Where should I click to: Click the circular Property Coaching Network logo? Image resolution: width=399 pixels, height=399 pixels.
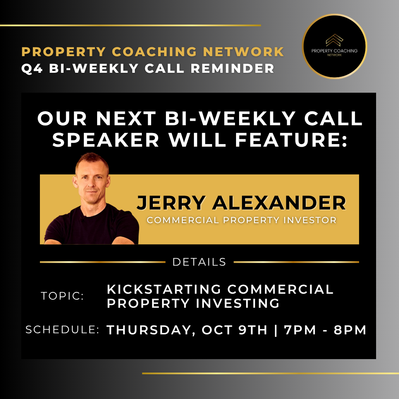click(334, 46)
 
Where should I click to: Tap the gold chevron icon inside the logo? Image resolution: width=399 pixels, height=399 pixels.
click(334, 40)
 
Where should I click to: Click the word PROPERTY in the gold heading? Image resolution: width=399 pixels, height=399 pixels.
click(64, 52)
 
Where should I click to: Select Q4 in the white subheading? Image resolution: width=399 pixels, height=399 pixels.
click(32, 68)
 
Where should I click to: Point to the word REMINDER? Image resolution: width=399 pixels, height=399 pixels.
click(232, 68)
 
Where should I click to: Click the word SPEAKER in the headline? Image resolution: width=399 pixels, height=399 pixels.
click(106, 140)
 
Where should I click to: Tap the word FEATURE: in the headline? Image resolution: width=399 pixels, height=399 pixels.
click(291, 140)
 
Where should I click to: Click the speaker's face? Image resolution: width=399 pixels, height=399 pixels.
click(92, 181)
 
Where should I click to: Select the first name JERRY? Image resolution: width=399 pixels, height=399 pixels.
click(171, 203)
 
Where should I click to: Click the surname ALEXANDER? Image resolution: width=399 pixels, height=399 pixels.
click(279, 203)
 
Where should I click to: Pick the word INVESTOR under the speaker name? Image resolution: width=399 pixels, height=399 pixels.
click(310, 220)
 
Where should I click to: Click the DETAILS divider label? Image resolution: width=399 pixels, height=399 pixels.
click(199, 262)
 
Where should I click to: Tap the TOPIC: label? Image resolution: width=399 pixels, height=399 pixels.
click(62, 296)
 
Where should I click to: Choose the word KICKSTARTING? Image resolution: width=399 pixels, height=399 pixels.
click(164, 289)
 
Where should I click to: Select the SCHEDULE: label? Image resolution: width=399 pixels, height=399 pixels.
click(62, 330)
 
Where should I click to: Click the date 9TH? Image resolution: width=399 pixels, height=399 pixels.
click(253, 330)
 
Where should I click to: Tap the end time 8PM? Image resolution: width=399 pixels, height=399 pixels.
click(350, 330)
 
